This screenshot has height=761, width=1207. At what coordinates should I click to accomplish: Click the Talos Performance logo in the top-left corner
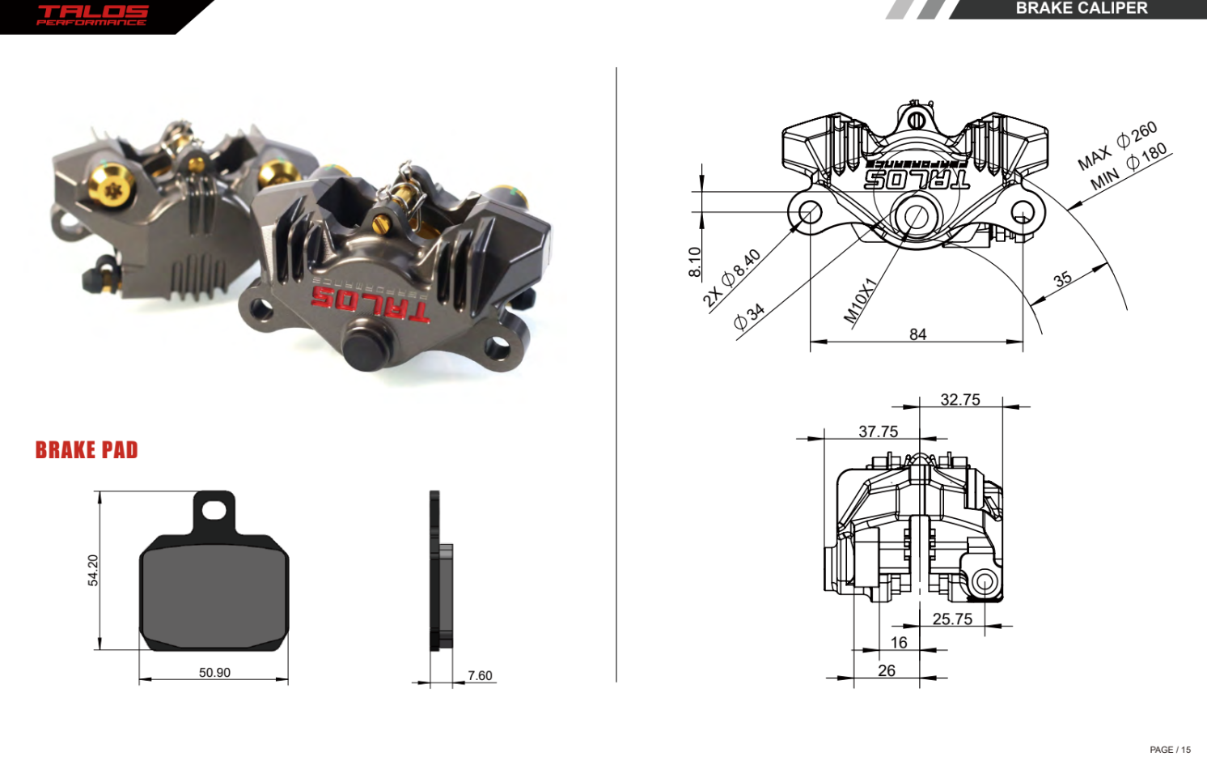(92, 15)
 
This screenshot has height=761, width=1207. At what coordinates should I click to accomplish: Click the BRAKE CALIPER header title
(1081, 8)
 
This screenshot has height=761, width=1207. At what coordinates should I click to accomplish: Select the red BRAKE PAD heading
(87, 450)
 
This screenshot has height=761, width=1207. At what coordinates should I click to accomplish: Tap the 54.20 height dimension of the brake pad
(93, 570)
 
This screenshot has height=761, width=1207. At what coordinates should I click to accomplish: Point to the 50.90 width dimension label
(214, 673)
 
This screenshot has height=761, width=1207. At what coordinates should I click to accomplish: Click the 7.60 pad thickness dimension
(480, 675)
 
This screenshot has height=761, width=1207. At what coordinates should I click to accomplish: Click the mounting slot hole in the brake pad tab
(214, 510)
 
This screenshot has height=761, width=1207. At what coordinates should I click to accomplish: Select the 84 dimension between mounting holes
(917, 334)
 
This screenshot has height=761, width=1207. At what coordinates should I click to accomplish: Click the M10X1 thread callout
(859, 300)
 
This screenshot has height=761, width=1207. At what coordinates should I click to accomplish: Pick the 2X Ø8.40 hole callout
(731, 278)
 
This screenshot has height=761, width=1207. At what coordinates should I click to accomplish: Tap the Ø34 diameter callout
(749, 317)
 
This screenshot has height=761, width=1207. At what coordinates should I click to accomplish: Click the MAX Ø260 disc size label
(1117, 146)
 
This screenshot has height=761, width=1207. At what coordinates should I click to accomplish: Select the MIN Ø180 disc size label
(1129, 167)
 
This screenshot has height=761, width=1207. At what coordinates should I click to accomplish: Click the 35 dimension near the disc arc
(1062, 279)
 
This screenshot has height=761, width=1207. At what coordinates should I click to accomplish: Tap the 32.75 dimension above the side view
(959, 400)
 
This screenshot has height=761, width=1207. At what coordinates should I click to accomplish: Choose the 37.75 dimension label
(878, 432)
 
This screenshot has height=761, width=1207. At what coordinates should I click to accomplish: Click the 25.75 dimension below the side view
(952, 619)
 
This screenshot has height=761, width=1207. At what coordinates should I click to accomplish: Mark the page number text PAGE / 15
(1170, 750)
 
